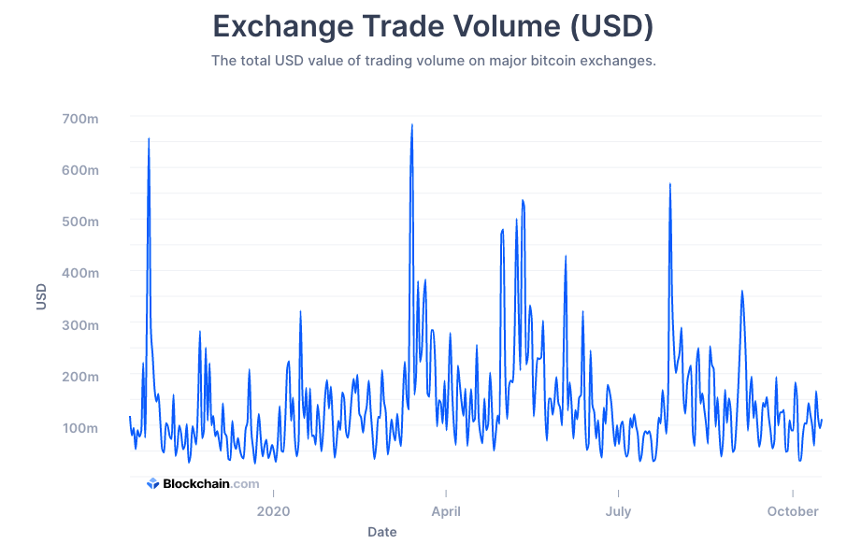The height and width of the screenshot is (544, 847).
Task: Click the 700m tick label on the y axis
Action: coord(80,119)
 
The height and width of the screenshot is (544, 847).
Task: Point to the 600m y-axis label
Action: coord(80,170)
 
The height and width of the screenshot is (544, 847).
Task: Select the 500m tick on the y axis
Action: coord(80,222)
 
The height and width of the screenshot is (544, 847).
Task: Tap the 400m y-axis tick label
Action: coord(80,273)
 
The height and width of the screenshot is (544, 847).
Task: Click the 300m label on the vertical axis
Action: coord(80,325)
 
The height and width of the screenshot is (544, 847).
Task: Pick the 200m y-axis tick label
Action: coord(80,377)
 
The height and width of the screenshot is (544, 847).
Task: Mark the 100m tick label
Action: coord(80,428)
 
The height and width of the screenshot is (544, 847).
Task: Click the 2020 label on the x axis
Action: coord(273,511)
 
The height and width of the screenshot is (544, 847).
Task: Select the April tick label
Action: coord(446,511)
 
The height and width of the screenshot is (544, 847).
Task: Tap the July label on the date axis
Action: coord(618,511)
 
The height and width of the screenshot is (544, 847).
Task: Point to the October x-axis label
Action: coord(793,511)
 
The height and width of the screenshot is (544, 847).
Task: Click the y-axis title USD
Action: coord(41,298)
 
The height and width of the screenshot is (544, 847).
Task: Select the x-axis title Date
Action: coord(381,532)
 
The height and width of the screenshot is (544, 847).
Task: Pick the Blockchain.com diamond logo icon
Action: coord(153,483)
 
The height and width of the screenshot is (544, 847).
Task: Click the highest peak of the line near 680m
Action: coord(411,125)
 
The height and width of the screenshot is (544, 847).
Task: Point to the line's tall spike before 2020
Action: coord(149,139)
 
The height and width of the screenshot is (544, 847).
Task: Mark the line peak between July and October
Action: coord(670,184)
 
